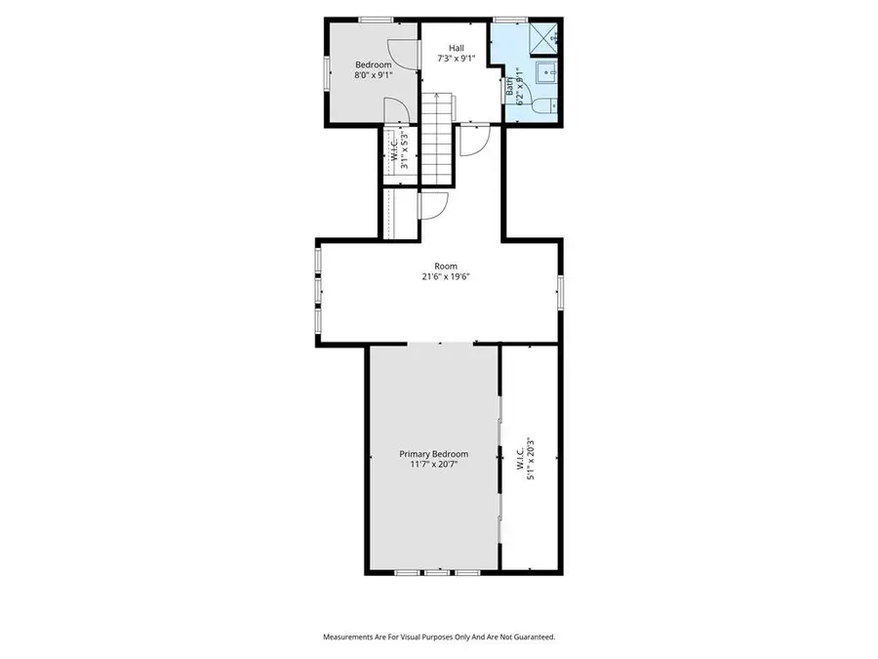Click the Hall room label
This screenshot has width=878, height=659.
457,48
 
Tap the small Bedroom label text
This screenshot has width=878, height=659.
373,64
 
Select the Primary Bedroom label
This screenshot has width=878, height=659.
434,454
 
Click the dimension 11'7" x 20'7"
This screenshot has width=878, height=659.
434,466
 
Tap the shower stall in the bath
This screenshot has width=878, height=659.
541,39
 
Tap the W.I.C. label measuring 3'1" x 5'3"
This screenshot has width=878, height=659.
398,151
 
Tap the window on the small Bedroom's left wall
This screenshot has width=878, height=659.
327,72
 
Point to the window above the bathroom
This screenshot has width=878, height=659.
509,20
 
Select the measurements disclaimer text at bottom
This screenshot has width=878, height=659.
439,637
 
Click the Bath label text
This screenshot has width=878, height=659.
510,85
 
